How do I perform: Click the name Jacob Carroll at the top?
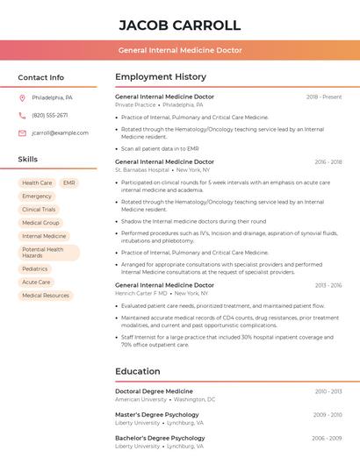(x=180, y=25)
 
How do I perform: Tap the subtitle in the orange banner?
(x=180, y=50)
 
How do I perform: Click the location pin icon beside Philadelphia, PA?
(x=22, y=97)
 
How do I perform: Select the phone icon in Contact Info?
(x=22, y=115)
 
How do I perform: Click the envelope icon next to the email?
(x=22, y=133)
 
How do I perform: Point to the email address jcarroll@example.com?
(x=60, y=133)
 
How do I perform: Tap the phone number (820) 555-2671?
(x=49, y=115)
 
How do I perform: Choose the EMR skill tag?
(x=68, y=182)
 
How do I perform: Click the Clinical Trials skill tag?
(x=39, y=210)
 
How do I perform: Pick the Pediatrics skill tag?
(x=35, y=268)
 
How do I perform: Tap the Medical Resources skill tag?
(x=46, y=296)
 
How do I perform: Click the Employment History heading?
(x=161, y=77)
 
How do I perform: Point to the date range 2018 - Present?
(x=324, y=97)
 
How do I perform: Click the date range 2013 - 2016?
(x=328, y=285)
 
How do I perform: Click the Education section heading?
(x=137, y=371)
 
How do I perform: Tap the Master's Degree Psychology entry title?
(x=157, y=414)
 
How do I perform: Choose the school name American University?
(x=140, y=399)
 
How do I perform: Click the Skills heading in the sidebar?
(x=27, y=160)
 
